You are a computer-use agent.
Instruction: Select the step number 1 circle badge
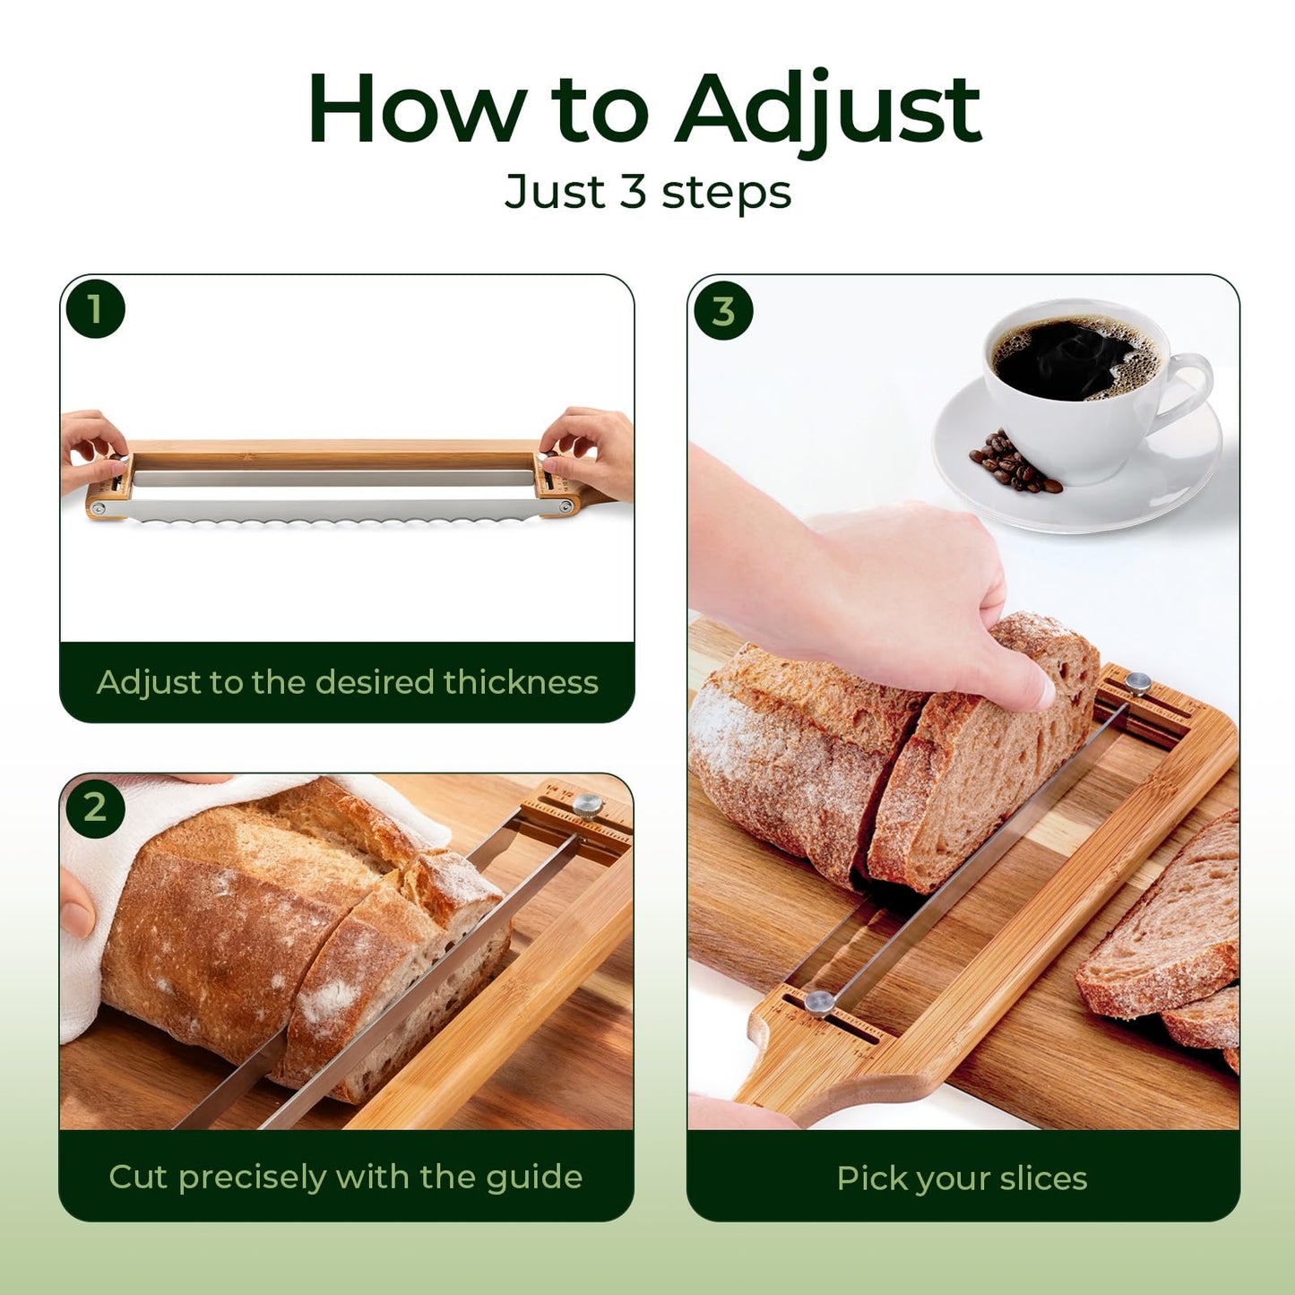tap(95, 309)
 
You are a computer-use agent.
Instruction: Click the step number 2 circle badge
tap(95, 807)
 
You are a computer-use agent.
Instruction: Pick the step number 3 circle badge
tap(723, 310)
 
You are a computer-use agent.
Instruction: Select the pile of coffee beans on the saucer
tap(1014, 463)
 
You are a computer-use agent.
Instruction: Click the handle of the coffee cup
tap(1183, 390)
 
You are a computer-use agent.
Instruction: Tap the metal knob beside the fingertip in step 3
tap(1138, 683)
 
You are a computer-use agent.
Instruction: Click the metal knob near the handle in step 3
tap(819, 1003)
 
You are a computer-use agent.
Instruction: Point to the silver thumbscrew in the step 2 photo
tap(587, 806)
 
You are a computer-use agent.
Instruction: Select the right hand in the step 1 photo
tap(590, 452)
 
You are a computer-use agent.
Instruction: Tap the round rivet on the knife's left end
tap(99, 508)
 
